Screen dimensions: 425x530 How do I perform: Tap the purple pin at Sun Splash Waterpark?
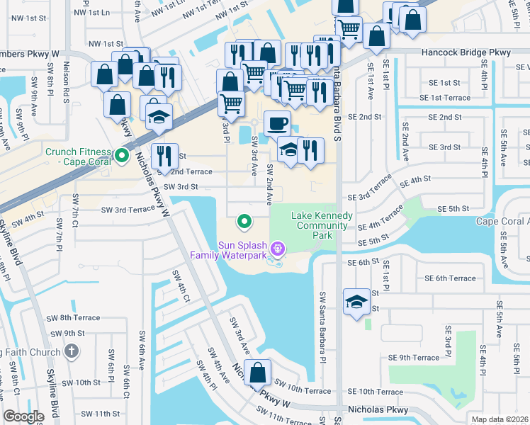[x=278, y=248]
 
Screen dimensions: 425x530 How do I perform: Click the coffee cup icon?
[x=276, y=124]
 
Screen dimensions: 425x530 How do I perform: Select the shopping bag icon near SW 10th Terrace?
[x=259, y=372]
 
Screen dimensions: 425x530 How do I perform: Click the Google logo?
[x=23, y=416]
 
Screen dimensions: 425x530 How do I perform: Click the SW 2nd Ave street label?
[x=270, y=183]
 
